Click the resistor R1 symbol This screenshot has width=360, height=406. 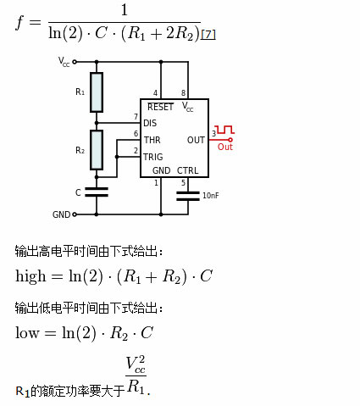click(97, 91)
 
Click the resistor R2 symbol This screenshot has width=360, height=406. click(97, 149)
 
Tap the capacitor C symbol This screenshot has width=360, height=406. click(97, 192)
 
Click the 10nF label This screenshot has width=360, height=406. click(210, 196)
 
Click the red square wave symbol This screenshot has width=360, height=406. click(225, 131)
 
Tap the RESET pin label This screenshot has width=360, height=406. click(160, 108)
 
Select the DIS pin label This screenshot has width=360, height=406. click(150, 124)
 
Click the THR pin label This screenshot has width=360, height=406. click(152, 140)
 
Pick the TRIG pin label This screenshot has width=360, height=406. click(153, 157)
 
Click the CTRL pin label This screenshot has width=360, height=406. click(188, 170)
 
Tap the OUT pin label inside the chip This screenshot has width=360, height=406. click(196, 140)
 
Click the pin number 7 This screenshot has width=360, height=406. click(135, 117)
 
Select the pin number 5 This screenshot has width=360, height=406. click(183, 182)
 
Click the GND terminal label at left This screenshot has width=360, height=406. click(61, 214)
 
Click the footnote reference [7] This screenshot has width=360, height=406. click(208, 34)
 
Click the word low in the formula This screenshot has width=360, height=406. click(28, 332)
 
